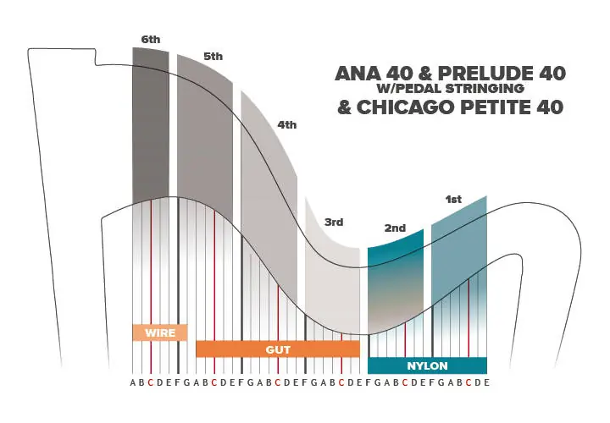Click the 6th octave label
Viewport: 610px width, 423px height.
151,40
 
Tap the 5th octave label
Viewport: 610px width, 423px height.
213,57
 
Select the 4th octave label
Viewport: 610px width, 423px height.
286,124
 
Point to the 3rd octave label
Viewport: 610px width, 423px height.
334,222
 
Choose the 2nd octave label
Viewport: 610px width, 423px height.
395,228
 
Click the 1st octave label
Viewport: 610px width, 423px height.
453,200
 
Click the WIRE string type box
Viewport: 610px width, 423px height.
160,332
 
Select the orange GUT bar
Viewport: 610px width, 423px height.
278,349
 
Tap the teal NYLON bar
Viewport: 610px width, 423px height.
427,365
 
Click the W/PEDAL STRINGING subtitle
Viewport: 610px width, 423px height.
450,89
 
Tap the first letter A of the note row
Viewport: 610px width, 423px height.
133,382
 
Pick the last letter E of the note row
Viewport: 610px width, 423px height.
486,382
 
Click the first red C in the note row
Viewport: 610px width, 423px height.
151,382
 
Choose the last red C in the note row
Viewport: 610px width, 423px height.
469,382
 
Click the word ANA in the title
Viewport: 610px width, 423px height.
358,73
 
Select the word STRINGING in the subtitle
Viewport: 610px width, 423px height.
485,89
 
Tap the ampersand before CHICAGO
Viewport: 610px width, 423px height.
345,107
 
